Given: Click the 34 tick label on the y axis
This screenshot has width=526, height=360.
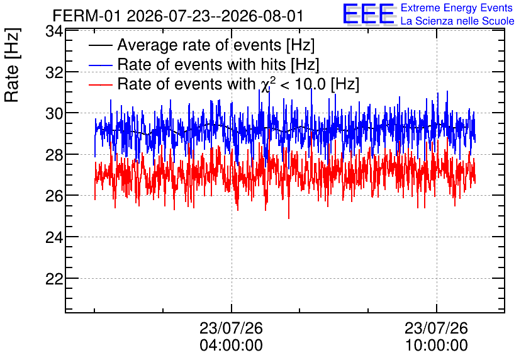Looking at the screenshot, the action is point(53,31).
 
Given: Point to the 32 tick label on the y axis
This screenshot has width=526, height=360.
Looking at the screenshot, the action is point(53,72).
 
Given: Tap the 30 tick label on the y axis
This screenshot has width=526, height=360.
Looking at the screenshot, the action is point(53,113).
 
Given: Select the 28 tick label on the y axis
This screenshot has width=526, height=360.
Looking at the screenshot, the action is point(53,155).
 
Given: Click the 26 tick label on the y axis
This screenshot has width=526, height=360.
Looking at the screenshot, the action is point(53,196).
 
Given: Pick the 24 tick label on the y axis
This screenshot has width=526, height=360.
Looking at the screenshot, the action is point(53,237).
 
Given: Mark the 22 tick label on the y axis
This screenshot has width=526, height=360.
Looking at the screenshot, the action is point(53,278).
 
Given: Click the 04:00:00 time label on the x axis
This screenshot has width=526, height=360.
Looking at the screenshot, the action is point(231,345).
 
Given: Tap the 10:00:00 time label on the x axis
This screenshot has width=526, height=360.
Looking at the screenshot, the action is point(437,345).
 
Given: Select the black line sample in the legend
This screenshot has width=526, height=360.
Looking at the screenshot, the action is point(100,45).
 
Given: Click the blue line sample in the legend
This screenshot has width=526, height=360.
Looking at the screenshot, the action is point(100,65).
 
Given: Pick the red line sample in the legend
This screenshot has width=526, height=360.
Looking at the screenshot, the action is point(100,84).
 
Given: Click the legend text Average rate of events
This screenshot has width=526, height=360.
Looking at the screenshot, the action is point(199,45).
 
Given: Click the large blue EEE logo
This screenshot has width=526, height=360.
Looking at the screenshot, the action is point(369,14).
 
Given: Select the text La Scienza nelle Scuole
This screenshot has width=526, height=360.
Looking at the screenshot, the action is point(457,21).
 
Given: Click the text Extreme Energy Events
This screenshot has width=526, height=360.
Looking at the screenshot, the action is point(457,8).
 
